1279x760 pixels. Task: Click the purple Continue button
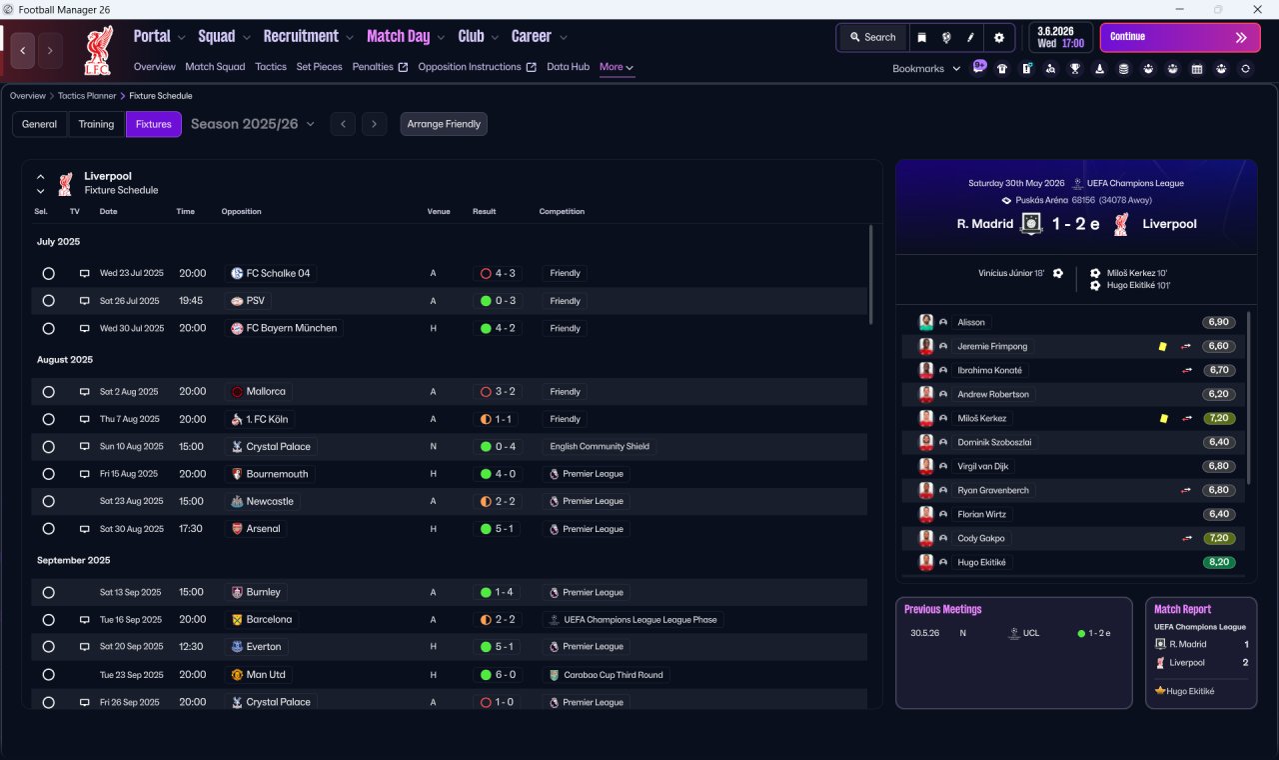point(1180,37)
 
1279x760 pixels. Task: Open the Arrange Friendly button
point(444,124)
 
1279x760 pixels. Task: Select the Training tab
point(96,124)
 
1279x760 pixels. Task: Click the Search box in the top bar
point(872,37)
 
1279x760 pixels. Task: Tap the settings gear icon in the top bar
point(998,38)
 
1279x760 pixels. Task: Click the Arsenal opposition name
point(263,529)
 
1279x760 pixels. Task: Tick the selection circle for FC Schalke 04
point(49,273)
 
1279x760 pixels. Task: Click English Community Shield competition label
point(600,446)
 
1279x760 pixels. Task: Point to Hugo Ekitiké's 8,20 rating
point(1219,562)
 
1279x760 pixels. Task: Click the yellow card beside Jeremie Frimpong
point(1162,346)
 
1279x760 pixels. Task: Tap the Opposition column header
point(241,211)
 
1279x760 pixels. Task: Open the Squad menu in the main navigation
point(217,37)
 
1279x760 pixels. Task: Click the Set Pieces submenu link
point(319,67)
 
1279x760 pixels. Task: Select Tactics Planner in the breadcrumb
point(87,95)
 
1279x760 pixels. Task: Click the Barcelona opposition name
point(269,619)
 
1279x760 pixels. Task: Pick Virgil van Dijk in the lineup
point(982,466)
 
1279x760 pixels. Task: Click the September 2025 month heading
point(74,560)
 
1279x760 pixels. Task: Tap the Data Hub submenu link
point(569,67)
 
